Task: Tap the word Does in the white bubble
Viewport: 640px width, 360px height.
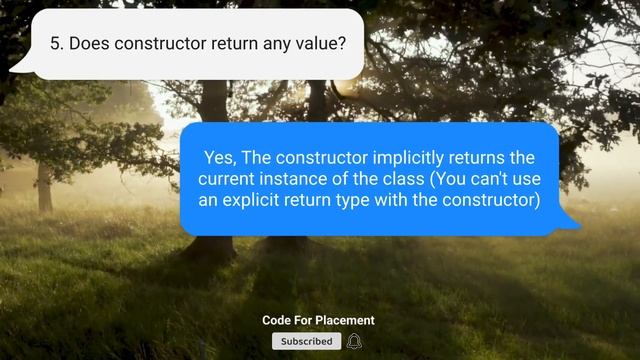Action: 89,44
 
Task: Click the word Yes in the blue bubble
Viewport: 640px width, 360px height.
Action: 220,158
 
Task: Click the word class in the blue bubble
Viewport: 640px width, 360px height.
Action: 426,179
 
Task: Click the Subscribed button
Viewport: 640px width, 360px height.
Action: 306,341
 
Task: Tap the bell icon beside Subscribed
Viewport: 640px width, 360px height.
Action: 354,341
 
